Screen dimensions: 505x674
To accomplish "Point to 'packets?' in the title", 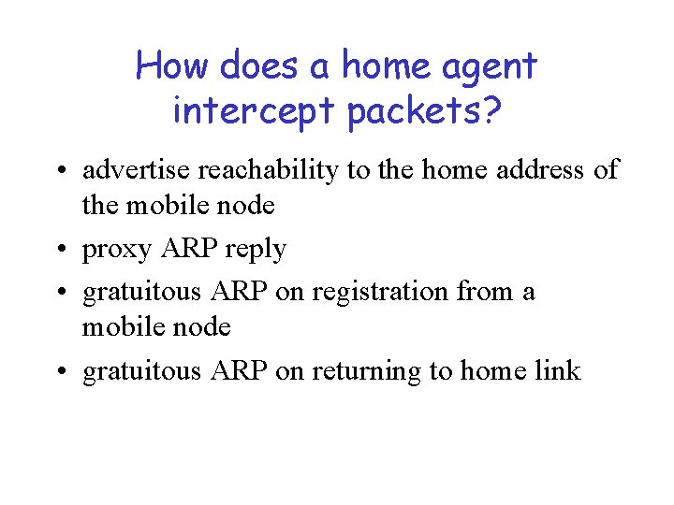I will [424, 111].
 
